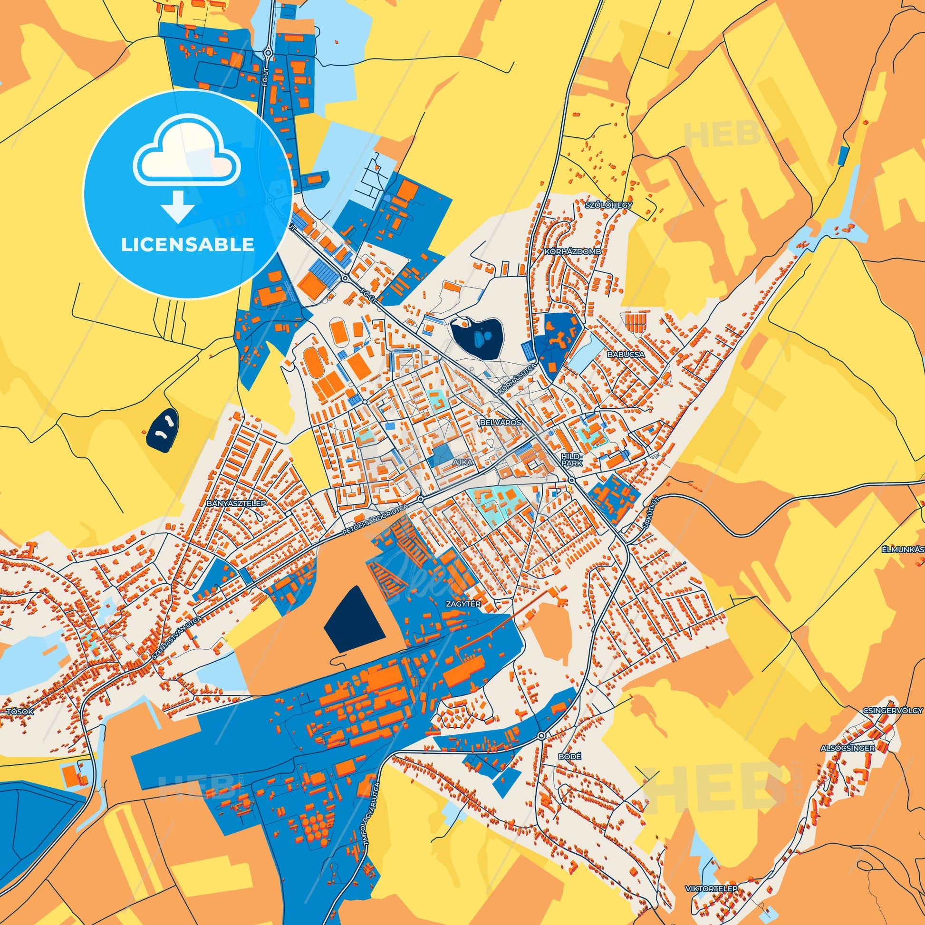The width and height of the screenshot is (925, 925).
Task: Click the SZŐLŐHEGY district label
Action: click(x=608, y=205)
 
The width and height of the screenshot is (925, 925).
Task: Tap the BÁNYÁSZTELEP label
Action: click(x=236, y=504)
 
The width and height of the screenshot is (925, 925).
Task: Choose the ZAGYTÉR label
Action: click(x=462, y=604)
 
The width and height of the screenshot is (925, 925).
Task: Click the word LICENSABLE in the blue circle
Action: click(x=187, y=245)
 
